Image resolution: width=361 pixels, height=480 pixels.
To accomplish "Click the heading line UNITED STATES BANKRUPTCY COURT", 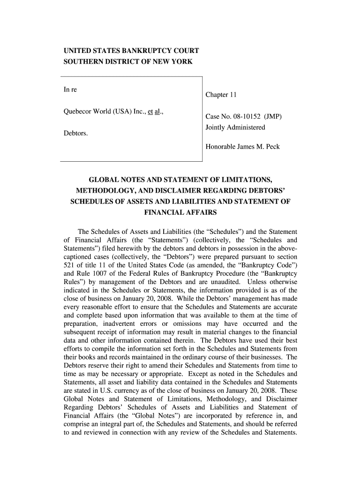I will point(131,50).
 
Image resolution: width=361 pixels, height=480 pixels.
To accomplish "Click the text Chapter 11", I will point(221,95).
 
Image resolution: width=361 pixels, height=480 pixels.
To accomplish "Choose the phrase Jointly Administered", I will point(235,127).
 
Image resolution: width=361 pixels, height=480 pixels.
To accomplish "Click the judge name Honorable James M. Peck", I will point(242,147).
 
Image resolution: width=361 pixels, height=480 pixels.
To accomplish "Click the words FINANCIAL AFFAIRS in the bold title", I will point(180,212).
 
